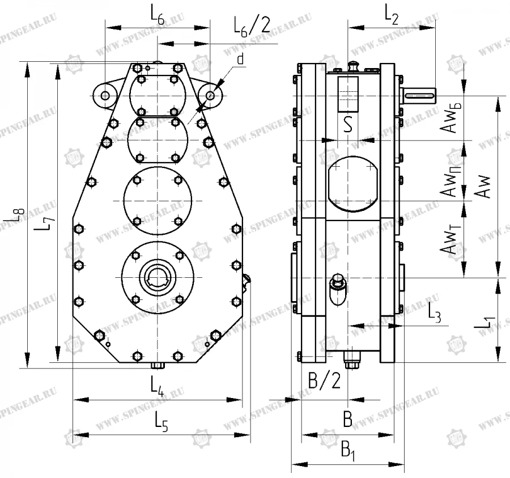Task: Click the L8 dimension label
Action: tap(19, 214)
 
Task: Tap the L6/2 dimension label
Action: tap(252, 26)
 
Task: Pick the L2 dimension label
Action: tap(392, 16)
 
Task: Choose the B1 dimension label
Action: tap(348, 452)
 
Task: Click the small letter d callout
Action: tap(241, 58)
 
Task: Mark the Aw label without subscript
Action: tap(483, 186)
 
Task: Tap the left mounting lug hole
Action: tap(105, 95)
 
